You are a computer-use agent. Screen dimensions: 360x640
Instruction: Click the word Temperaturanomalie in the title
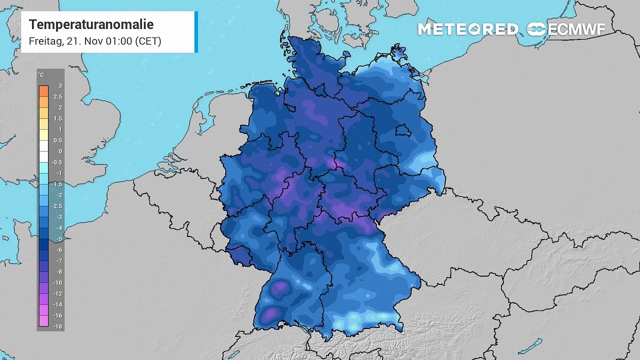click(91, 24)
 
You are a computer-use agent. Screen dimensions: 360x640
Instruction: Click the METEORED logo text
click(467, 29)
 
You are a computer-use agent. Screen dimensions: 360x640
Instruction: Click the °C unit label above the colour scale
click(41, 75)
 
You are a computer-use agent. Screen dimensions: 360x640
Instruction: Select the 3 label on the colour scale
click(60, 86)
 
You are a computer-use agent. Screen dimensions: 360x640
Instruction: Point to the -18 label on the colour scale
click(58, 326)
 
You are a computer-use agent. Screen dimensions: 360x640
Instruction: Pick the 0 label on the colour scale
click(60, 151)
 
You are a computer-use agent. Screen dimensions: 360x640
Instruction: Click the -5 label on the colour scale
click(59, 239)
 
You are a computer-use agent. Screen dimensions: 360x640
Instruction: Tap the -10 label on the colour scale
click(58, 282)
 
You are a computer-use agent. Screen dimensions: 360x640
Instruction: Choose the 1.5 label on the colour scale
click(58, 118)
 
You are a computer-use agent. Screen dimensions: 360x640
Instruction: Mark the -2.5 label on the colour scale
click(58, 206)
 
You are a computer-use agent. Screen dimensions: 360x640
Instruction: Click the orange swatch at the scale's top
click(43, 91)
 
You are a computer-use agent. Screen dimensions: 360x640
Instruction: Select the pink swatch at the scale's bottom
click(43, 321)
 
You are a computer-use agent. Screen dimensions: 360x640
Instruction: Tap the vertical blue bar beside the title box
click(196, 32)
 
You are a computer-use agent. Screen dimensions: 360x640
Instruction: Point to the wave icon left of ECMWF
click(536, 29)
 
